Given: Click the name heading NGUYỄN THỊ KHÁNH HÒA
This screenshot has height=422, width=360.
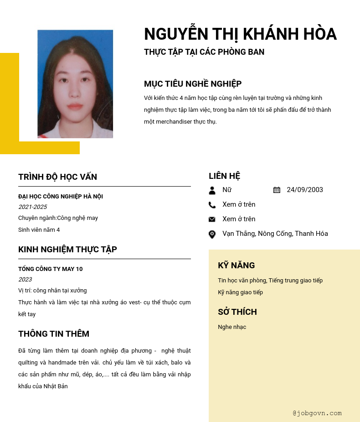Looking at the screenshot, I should [x=240, y=34].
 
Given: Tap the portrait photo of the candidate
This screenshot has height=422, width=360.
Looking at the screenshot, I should [x=75, y=84].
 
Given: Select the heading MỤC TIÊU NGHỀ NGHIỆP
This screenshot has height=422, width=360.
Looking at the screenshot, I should [x=193, y=84].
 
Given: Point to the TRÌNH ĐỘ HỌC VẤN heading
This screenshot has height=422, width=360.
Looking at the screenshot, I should [x=57, y=177].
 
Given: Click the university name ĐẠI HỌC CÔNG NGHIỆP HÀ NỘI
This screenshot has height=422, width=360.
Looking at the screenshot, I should [x=61, y=197].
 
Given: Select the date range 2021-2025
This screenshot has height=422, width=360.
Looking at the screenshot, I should [x=32, y=207].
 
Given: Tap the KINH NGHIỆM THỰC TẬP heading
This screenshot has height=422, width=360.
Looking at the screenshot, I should [x=67, y=250].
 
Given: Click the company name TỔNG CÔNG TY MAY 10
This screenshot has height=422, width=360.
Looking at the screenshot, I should [x=50, y=269].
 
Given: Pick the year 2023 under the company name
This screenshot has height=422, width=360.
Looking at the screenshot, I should [x=25, y=280].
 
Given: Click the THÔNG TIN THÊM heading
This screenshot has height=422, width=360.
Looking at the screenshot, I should [x=54, y=334].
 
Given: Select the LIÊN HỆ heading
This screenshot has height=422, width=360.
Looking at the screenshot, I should [x=224, y=176].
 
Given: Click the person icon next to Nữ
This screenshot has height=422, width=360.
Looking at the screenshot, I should [x=212, y=190].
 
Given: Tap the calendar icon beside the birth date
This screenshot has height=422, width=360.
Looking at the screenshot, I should [x=277, y=190].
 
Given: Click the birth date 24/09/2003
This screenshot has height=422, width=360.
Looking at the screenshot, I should [x=305, y=190].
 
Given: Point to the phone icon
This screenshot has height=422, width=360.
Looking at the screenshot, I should [x=212, y=205].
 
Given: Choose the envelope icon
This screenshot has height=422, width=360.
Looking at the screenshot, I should [x=212, y=219].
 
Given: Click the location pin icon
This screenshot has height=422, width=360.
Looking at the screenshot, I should [x=212, y=234].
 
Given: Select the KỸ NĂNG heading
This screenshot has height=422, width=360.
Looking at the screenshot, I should [x=236, y=266].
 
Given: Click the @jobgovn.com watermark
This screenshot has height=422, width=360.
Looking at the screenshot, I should [x=317, y=413].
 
